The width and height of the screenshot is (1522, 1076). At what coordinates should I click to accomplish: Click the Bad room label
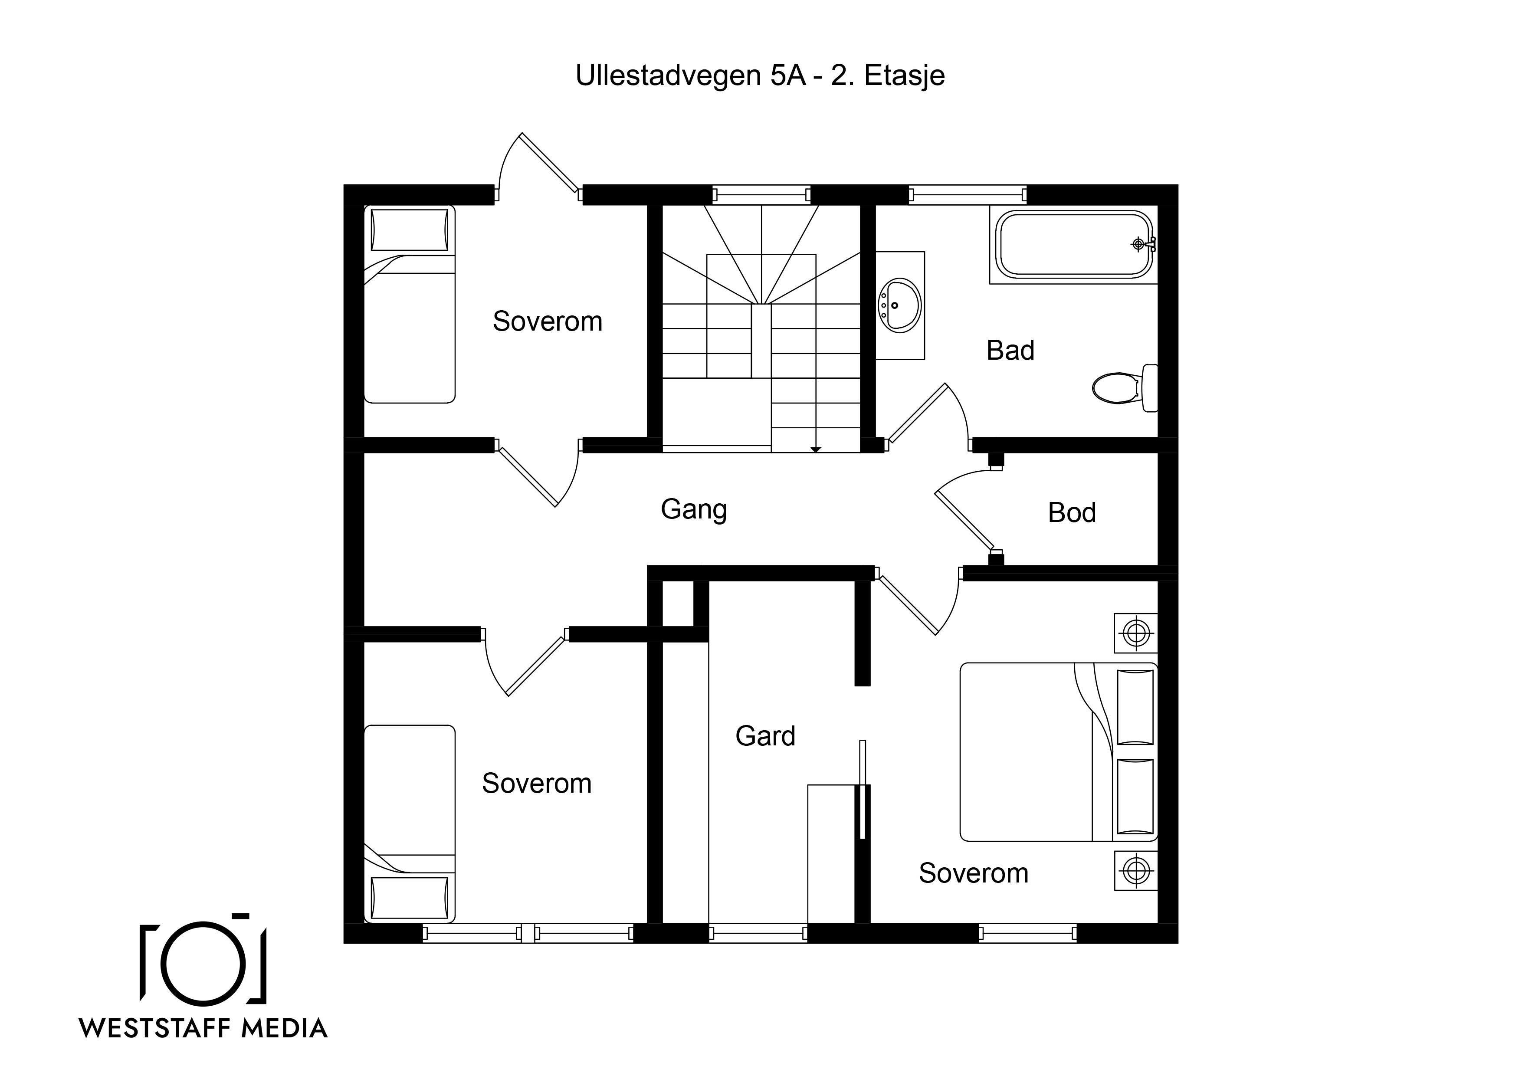(1010, 350)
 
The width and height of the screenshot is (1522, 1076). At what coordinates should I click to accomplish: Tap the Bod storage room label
(1072, 512)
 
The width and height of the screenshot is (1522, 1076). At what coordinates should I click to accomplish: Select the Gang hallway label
(694, 510)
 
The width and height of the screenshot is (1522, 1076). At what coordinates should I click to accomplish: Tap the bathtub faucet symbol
(1141, 244)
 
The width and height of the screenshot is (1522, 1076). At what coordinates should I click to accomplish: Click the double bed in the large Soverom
(1059, 752)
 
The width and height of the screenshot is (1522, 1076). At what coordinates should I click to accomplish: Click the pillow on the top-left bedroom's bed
(409, 230)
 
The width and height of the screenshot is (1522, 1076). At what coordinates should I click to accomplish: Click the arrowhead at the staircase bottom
(816, 449)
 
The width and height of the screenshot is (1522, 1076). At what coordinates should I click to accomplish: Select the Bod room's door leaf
(964, 522)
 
